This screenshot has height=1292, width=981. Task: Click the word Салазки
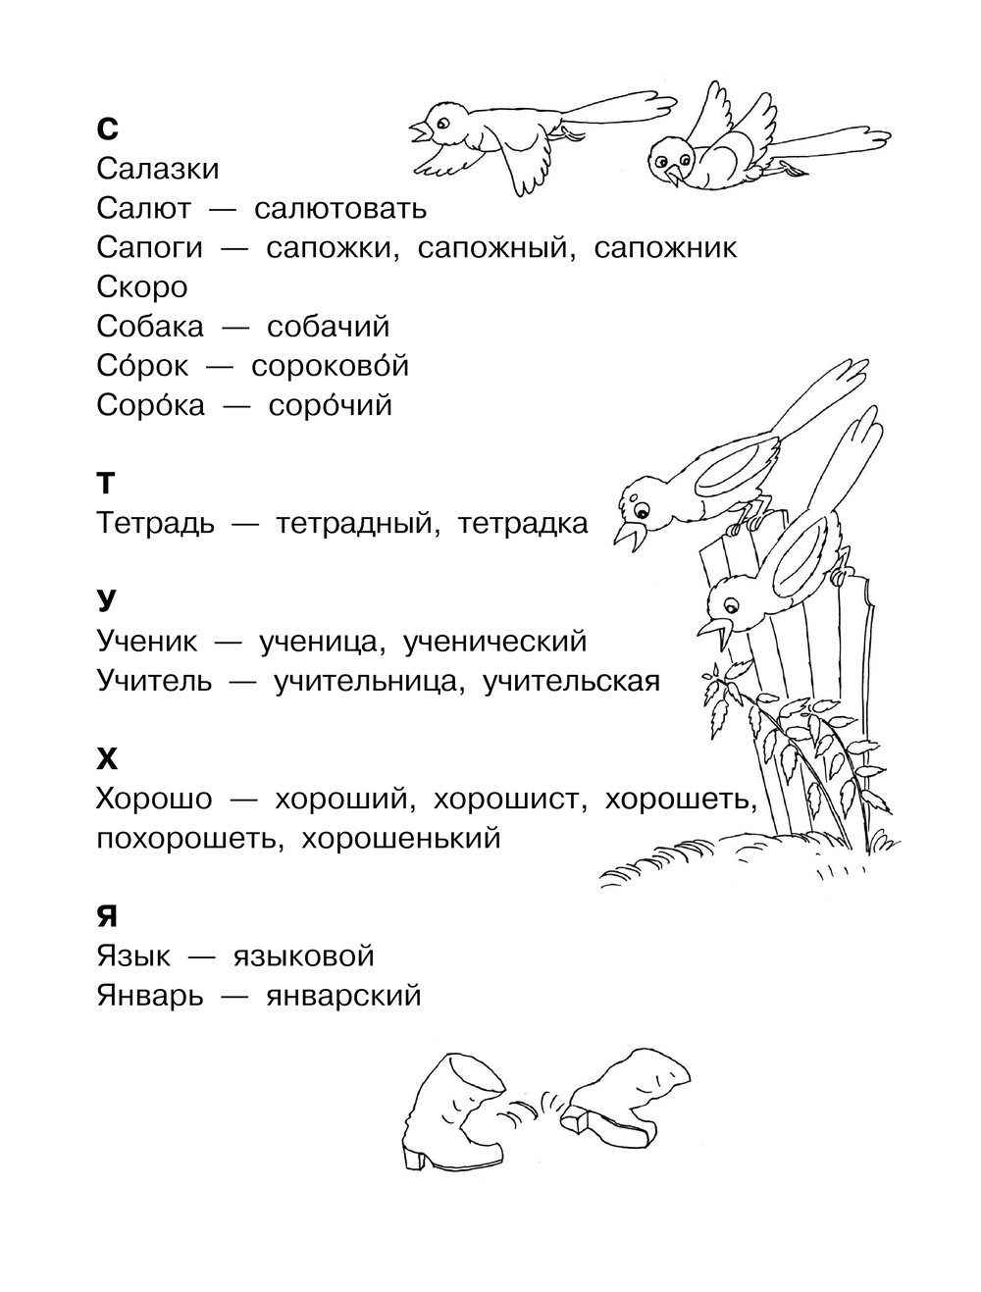click(x=158, y=169)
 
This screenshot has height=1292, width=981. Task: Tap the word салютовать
click(x=340, y=208)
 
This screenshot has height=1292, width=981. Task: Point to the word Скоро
click(x=142, y=287)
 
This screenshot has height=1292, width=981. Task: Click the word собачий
click(x=329, y=327)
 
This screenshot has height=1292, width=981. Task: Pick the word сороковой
click(x=330, y=366)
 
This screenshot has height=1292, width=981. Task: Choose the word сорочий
click(x=330, y=405)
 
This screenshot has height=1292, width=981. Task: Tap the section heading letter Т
click(x=106, y=483)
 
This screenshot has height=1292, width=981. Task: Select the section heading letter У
click(x=107, y=600)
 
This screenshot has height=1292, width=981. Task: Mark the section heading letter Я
click(x=107, y=916)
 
